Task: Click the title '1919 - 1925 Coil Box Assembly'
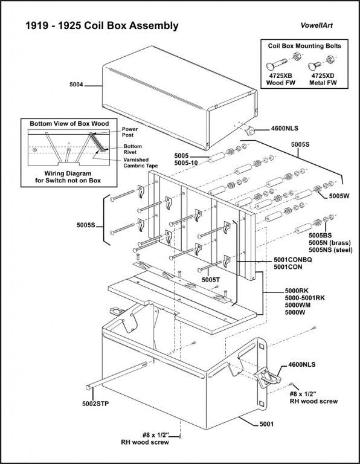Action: click(102, 26)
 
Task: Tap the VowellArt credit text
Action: click(317, 25)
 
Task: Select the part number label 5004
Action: click(77, 85)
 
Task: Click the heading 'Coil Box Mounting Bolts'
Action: click(304, 46)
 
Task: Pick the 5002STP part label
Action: click(95, 404)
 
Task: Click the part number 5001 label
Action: click(266, 424)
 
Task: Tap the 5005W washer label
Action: click(339, 196)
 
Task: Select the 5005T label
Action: click(211, 279)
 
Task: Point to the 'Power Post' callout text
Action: click(130, 132)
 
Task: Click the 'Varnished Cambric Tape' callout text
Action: click(141, 163)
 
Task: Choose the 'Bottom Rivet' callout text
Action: click(132, 149)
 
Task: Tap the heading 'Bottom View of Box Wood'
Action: click(69, 123)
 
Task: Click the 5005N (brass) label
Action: click(330, 243)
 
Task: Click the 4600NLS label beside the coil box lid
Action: click(284, 129)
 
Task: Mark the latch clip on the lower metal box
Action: click(267, 377)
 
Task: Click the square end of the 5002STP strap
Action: click(88, 387)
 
